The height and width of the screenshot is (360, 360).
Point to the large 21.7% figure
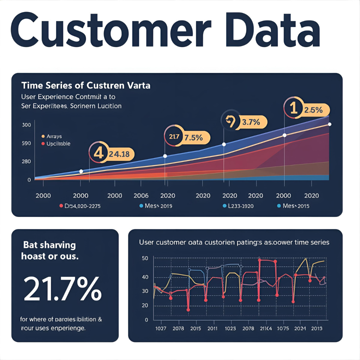coord(62,288)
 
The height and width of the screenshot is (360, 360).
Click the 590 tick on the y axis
coord(26,143)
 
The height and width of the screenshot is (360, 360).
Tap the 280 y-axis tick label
coord(26,162)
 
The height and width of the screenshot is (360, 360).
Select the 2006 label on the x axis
coord(141,196)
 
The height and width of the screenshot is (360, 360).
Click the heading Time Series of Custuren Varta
coord(86,86)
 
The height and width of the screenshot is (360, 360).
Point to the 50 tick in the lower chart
coord(145,258)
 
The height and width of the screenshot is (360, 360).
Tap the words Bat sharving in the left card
coord(49,245)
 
